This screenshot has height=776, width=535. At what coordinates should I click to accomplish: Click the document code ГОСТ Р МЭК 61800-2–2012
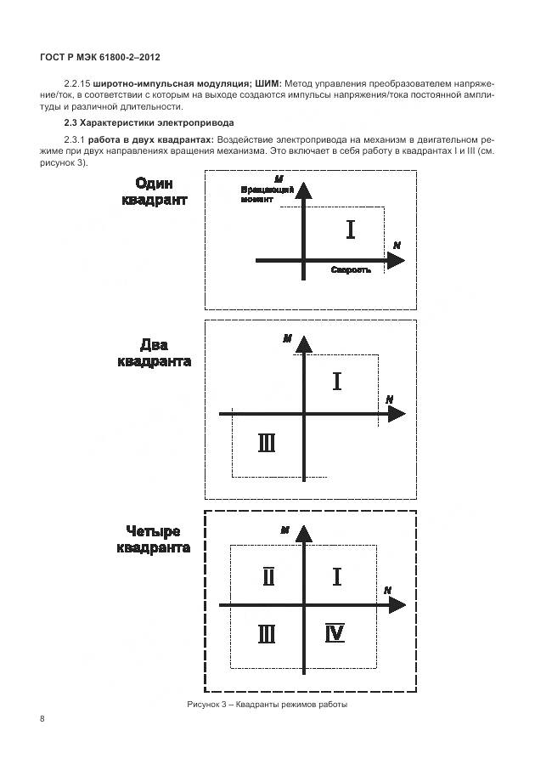pos(100,58)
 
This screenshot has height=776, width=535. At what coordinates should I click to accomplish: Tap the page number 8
pos(42,718)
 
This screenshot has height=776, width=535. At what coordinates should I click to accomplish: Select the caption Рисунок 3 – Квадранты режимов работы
pos(267,705)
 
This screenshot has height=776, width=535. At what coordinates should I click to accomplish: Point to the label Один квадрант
pos(155,192)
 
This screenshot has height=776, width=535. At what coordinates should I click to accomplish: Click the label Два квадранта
pos(154,353)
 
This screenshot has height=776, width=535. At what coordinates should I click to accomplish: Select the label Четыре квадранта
pos(153,540)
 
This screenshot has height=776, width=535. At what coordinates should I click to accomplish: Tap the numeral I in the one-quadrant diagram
pos(351,229)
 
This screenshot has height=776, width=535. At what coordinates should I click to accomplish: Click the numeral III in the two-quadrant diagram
pos(266,443)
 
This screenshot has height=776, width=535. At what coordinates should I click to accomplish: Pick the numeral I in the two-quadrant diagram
pos(337,381)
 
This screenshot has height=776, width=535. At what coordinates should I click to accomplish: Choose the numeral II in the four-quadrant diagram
pos(268,577)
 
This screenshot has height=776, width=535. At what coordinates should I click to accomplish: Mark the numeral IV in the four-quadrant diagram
pos(335,633)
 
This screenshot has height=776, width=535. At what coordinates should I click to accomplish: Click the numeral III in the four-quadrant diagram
pos(267,633)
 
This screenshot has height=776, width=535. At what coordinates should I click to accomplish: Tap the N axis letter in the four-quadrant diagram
pos(387,589)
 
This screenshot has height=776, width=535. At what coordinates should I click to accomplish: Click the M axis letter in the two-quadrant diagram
pos(288,338)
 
